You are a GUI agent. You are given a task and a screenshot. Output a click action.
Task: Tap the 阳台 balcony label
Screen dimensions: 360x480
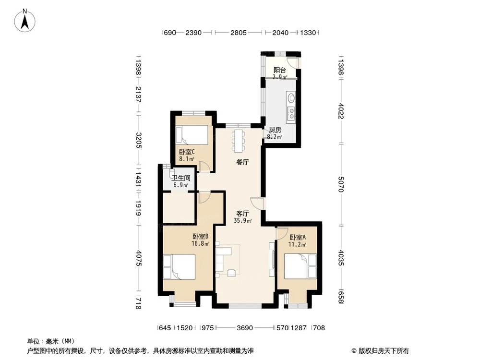point(280,70)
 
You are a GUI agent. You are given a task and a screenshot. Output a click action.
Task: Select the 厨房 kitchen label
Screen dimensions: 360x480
point(275,130)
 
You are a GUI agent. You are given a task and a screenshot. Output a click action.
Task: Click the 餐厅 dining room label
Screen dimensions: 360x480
point(242,162)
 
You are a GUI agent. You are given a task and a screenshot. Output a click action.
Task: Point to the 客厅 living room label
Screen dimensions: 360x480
point(242,214)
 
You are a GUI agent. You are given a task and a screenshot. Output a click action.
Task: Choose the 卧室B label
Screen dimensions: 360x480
point(201,237)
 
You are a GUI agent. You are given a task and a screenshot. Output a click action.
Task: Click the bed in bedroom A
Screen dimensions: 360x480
point(300,266)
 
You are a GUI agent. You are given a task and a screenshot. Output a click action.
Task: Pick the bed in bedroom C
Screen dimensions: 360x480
point(192,135)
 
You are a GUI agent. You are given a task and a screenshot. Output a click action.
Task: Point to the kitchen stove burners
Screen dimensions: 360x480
point(291,114)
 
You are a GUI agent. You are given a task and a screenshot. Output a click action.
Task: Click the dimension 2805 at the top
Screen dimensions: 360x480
point(238,33)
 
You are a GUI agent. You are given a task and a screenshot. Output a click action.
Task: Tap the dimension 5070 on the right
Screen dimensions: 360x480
point(341,183)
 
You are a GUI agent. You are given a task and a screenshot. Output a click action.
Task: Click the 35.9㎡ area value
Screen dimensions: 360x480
point(243,221)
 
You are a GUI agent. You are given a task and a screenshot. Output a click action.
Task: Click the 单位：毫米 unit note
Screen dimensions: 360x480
point(48,341)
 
